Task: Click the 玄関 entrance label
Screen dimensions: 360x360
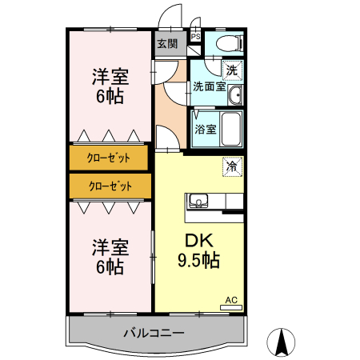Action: (166, 43)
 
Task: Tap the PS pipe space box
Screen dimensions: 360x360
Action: (195, 36)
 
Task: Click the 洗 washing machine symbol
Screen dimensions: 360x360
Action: (231, 70)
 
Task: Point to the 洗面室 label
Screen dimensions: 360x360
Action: (208, 86)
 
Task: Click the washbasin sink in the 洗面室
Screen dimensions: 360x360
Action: (234, 97)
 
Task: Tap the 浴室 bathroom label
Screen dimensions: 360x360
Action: (205, 129)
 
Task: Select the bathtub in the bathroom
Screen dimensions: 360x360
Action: (231, 128)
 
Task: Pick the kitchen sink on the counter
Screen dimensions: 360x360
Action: (198, 201)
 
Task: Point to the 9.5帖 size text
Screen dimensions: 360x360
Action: (198, 261)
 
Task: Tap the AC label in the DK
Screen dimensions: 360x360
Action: (230, 300)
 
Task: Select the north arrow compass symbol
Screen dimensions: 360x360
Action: (281, 343)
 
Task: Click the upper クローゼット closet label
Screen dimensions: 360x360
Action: (109, 158)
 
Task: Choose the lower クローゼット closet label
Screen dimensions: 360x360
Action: (109, 186)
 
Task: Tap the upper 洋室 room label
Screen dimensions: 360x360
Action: (110, 78)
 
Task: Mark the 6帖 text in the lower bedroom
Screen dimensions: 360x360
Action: (110, 267)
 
